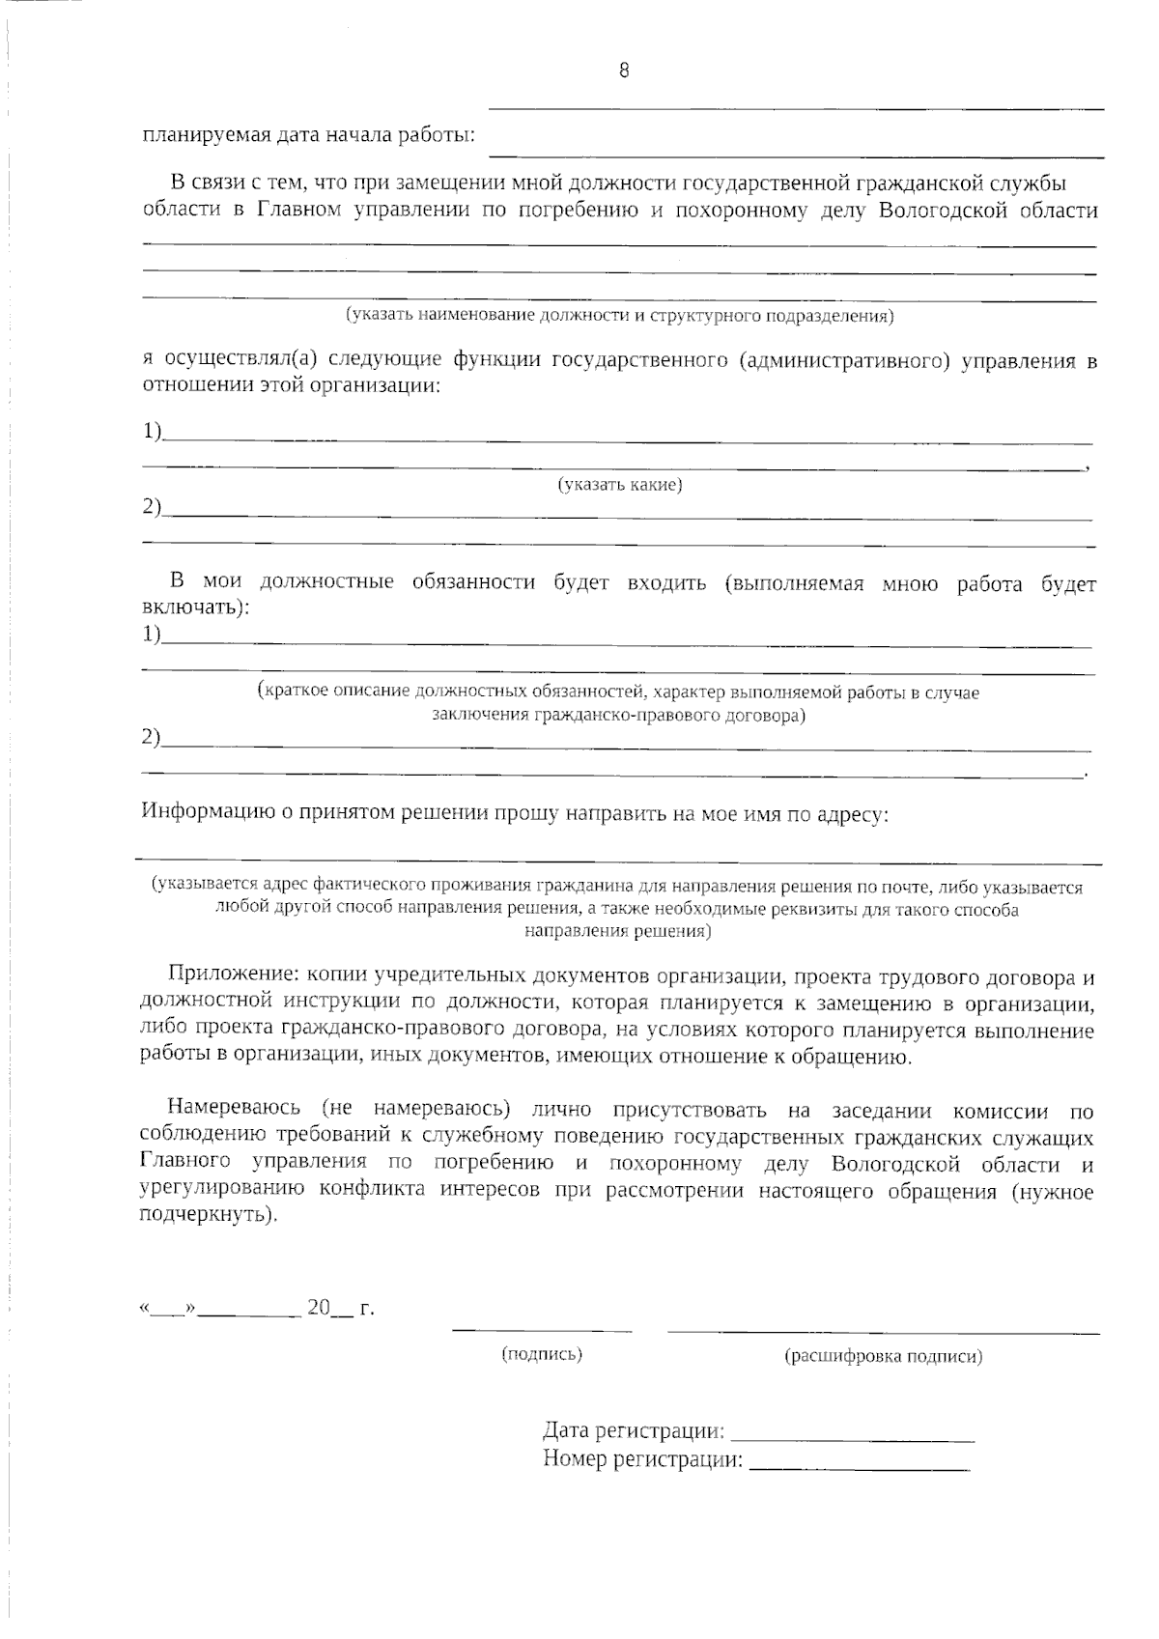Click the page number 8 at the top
[624, 71]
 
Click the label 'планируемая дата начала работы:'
[309, 134]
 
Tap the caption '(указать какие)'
[619, 485]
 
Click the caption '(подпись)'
[542, 1354]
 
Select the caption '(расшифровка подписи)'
[883, 1356]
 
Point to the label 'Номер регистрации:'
[642, 1459]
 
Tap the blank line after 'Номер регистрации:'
[860, 1469]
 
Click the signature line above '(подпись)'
[542, 1332]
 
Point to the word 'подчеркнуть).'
[208, 1216]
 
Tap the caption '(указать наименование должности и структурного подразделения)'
[619, 316]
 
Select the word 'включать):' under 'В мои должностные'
[195, 608]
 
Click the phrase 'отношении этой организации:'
[291, 386]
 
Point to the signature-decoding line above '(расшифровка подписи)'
[883, 1333]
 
